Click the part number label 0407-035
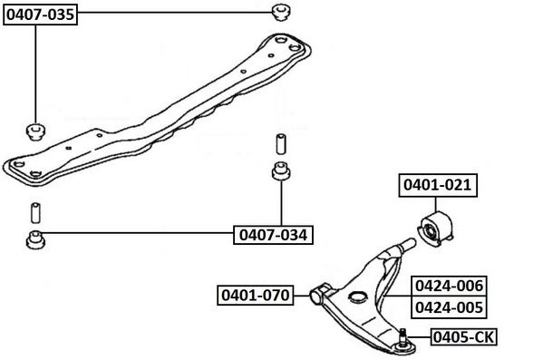[x=40, y=15]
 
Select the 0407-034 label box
[x=273, y=235]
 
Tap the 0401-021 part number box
[x=438, y=185]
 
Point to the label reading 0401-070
[x=256, y=296]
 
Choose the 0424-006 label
[x=449, y=287]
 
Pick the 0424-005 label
[x=449, y=307]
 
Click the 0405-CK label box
[x=464, y=336]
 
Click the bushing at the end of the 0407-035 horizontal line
[x=281, y=12]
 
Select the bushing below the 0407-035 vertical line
[x=35, y=131]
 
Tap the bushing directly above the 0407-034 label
[x=281, y=171]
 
